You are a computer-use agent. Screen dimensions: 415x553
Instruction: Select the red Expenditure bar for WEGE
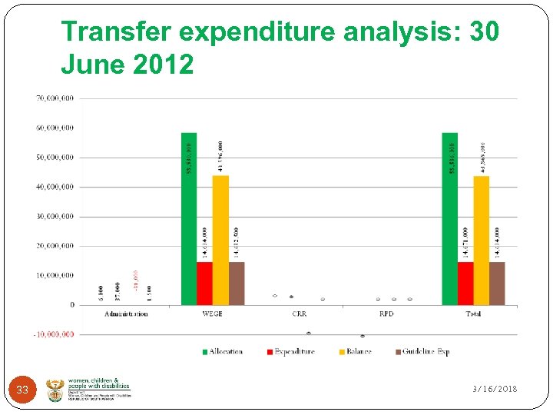pyautogui.click(x=204, y=284)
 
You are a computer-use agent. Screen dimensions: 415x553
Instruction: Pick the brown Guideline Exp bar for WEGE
pyautogui.click(x=237, y=284)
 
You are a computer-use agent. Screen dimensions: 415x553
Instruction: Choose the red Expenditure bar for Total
pyautogui.click(x=465, y=284)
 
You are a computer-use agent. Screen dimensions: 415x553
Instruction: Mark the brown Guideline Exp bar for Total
pyautogui.click(x=497, y=284)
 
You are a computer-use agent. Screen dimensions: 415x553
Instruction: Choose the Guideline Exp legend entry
pyautogui.click(x=422, y=352)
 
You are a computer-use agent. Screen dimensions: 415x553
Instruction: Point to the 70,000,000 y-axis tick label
pyautogui.click(x=55, y=98)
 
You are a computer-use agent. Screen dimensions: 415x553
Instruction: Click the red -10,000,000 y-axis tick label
pyautogui.click(x=53, y=334)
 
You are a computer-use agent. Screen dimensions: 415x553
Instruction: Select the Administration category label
pyautogui.click(x=126, y=314)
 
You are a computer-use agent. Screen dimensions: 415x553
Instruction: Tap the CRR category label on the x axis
pyautogui.click(x=300, y=314)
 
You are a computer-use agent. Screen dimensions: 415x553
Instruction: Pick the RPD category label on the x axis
pyautogui.click(x=386, y=314)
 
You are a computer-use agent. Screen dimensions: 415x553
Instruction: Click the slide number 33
pyautogui.click(x=22, y=390)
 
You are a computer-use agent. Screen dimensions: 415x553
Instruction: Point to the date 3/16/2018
pyautogui.click(x=495, y=389)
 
